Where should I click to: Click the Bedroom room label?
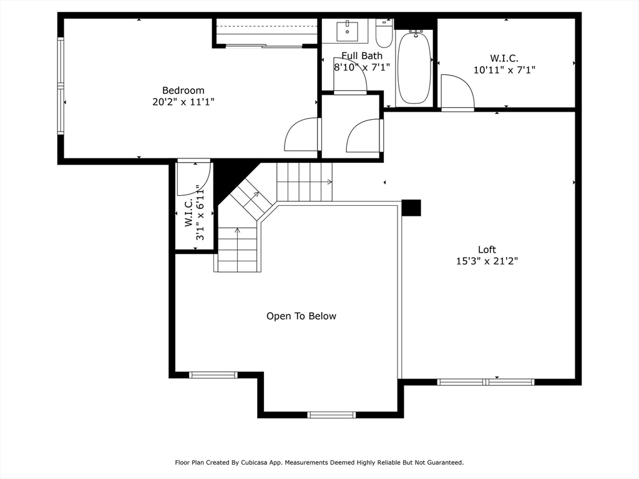click(x=183, y=90)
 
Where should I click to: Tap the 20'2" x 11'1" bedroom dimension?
click(x=183, y=102)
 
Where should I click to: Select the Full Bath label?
click(x=361, y=56)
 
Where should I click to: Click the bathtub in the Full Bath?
click(x=414, y=67)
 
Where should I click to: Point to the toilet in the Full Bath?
click(x=384, y=34)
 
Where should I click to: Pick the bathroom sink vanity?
click(x=347, y=31)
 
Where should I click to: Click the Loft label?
click(x=487, y=249)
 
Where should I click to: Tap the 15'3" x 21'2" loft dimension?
click(x=487, y=261)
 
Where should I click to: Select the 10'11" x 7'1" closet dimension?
click(x=504, y=70)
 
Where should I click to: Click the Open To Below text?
click(x=301, y=316)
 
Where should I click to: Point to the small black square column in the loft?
click(x=411, y=208)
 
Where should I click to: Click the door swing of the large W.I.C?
click(x=456, y=91)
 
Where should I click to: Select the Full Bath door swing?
click(x=349, y=75)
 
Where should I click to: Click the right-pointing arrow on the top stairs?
click(x=329, y=182)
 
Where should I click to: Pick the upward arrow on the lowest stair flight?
click(x=237, y=231)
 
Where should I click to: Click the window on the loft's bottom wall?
click(x=485, y=382)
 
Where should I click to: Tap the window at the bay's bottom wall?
click(x=331, y=415)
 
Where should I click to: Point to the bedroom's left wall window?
click(x=61, y=86)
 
